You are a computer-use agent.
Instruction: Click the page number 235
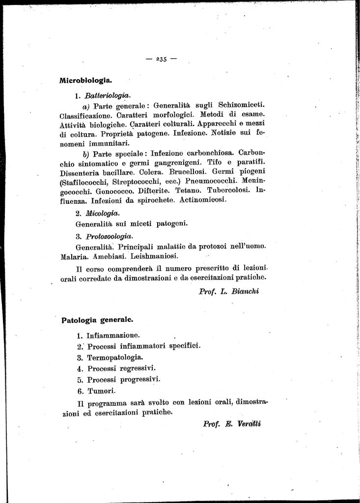(x=161, y=59)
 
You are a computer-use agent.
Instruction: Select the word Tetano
(x=186, y=191)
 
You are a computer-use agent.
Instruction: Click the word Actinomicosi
(x=203, y=200)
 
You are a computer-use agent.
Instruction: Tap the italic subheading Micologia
(x=102, y=213)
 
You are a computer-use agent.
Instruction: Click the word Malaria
(x=74, y=256)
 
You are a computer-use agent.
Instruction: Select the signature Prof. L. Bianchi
(x=229, y=291)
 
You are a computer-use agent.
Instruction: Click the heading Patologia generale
(x=97, y=320)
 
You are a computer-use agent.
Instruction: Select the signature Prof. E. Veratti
(x=232, y=424)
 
